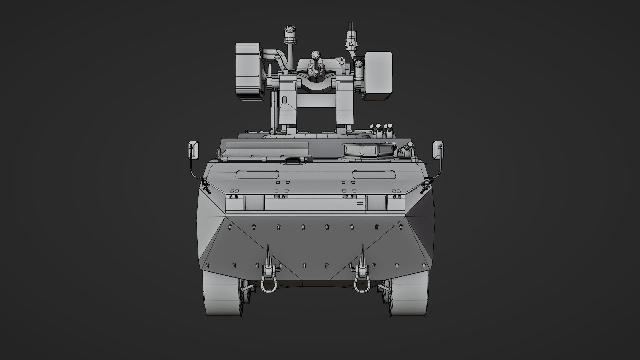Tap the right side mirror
438,150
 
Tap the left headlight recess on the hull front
254,203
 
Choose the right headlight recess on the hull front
376,203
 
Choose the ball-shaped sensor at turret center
315,55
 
